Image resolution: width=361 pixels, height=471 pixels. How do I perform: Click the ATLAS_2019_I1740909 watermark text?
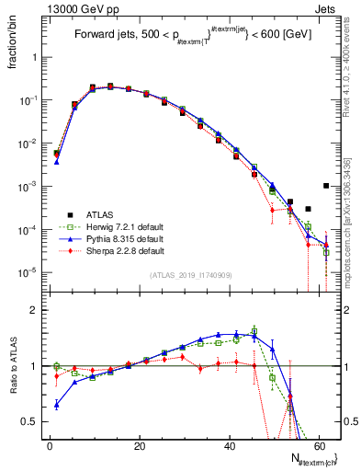pyautogui.click(x=191, y=276)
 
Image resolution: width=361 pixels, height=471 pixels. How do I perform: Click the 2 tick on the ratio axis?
pyautogui.click(x=35, y=310)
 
